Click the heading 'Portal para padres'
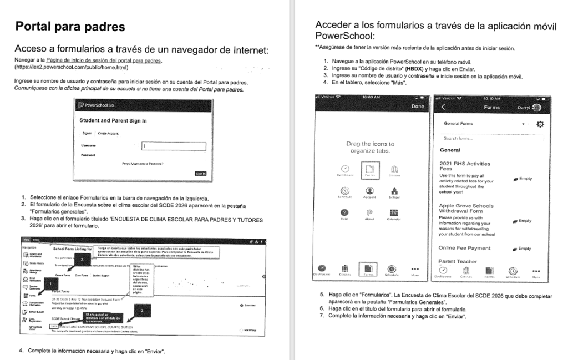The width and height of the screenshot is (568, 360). (70, 27)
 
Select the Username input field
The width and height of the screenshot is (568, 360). (173, 146)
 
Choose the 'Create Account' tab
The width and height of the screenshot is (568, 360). (109, 134)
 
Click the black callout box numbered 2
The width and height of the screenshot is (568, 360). (82, 259)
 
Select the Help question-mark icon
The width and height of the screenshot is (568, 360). (344, 213)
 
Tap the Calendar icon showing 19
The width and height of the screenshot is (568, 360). (394, 213)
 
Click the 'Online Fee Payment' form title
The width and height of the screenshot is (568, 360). (464, 248)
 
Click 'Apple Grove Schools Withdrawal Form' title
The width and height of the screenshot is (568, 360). (466, 209)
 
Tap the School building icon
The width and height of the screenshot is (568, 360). (394, 191)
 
